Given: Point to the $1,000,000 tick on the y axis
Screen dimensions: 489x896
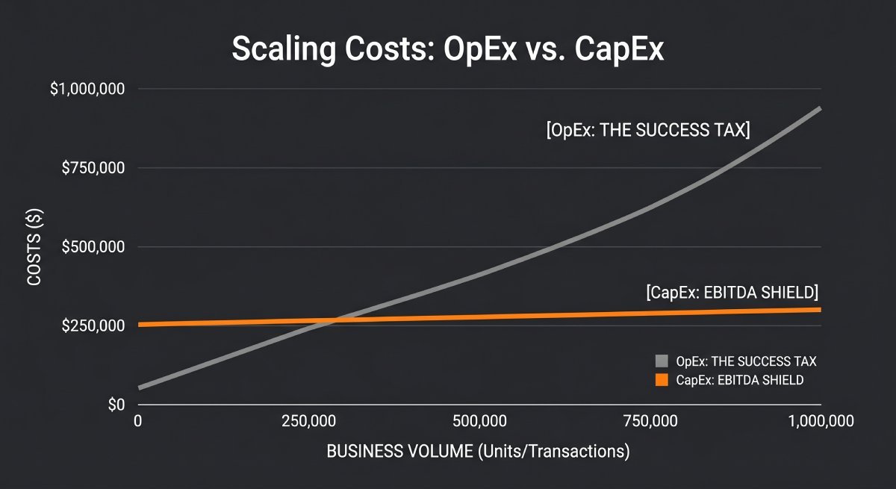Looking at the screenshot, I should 88,89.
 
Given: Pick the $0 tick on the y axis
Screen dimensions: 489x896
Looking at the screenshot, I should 116,405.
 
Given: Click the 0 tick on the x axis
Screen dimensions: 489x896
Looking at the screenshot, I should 137,422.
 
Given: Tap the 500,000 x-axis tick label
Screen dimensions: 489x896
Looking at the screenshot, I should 479,422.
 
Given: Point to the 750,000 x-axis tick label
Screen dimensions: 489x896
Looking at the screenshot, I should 650,422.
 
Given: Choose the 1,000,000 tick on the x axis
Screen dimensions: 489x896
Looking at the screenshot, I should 821,422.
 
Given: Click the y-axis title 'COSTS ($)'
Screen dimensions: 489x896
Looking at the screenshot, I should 34,246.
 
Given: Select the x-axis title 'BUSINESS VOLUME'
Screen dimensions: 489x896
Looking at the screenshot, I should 478,452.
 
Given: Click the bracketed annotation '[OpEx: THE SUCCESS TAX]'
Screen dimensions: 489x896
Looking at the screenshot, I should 648,131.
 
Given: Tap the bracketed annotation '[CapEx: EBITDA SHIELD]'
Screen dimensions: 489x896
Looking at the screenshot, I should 732,291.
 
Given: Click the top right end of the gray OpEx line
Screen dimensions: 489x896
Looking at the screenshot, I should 820,108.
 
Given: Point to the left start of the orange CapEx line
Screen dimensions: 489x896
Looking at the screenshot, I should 140,325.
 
